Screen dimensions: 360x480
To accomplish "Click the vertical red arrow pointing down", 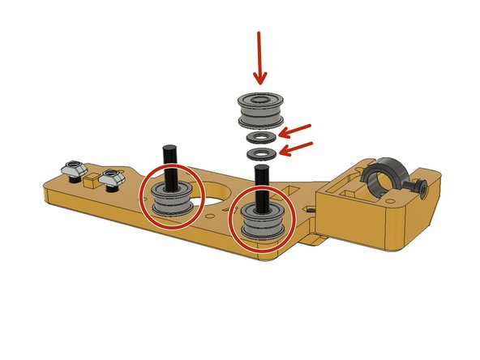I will pos(259,57).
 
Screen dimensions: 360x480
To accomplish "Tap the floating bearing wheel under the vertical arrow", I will pos(259,109).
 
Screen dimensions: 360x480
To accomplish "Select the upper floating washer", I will pos(261,137).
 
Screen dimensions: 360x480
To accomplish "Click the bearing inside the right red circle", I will pos(262,220).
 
